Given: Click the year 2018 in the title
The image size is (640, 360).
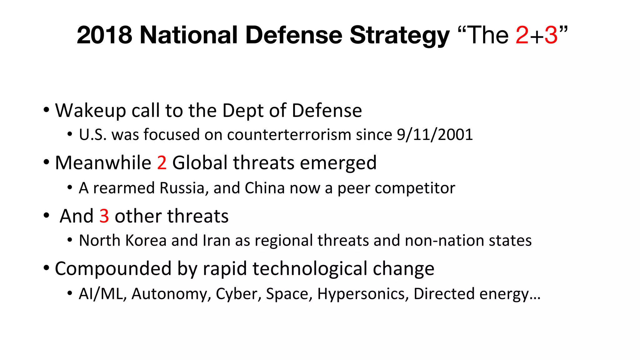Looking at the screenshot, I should click(x=104, y=35).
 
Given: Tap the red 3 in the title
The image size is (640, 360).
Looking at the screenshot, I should click(x=551, y=35).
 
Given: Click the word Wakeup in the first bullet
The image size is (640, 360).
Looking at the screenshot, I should click(x=90, y=111).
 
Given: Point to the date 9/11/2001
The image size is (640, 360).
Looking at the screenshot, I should click(x=435, y=135).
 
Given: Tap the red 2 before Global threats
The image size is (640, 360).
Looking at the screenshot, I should click(x=162, y=163).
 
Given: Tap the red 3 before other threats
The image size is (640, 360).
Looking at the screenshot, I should click(x=104, y=216).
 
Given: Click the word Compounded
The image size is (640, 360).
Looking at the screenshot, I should click(x=113, y=269).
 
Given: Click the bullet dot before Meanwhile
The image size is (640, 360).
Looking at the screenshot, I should click(x=46, y=162).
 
